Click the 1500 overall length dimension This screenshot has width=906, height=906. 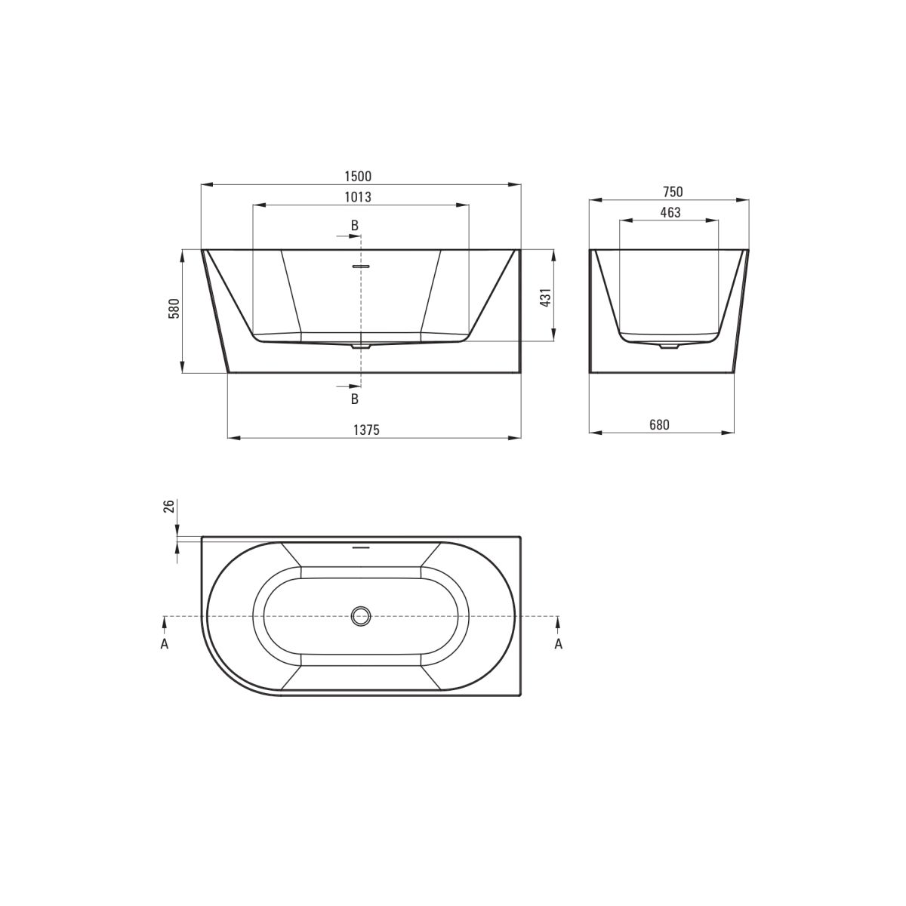(358, 177)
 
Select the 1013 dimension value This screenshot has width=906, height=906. (358, 197)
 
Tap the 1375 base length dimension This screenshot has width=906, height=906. (366, 430)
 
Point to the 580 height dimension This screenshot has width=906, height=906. (174, 309)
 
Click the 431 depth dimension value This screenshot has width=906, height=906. (545, 298)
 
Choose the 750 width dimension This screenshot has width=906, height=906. (673, 192)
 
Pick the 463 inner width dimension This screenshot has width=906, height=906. (670, 212)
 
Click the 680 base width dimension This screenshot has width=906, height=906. (659, 424)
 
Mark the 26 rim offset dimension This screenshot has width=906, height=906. (169, 506)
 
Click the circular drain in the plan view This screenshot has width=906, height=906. (361, 616)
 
